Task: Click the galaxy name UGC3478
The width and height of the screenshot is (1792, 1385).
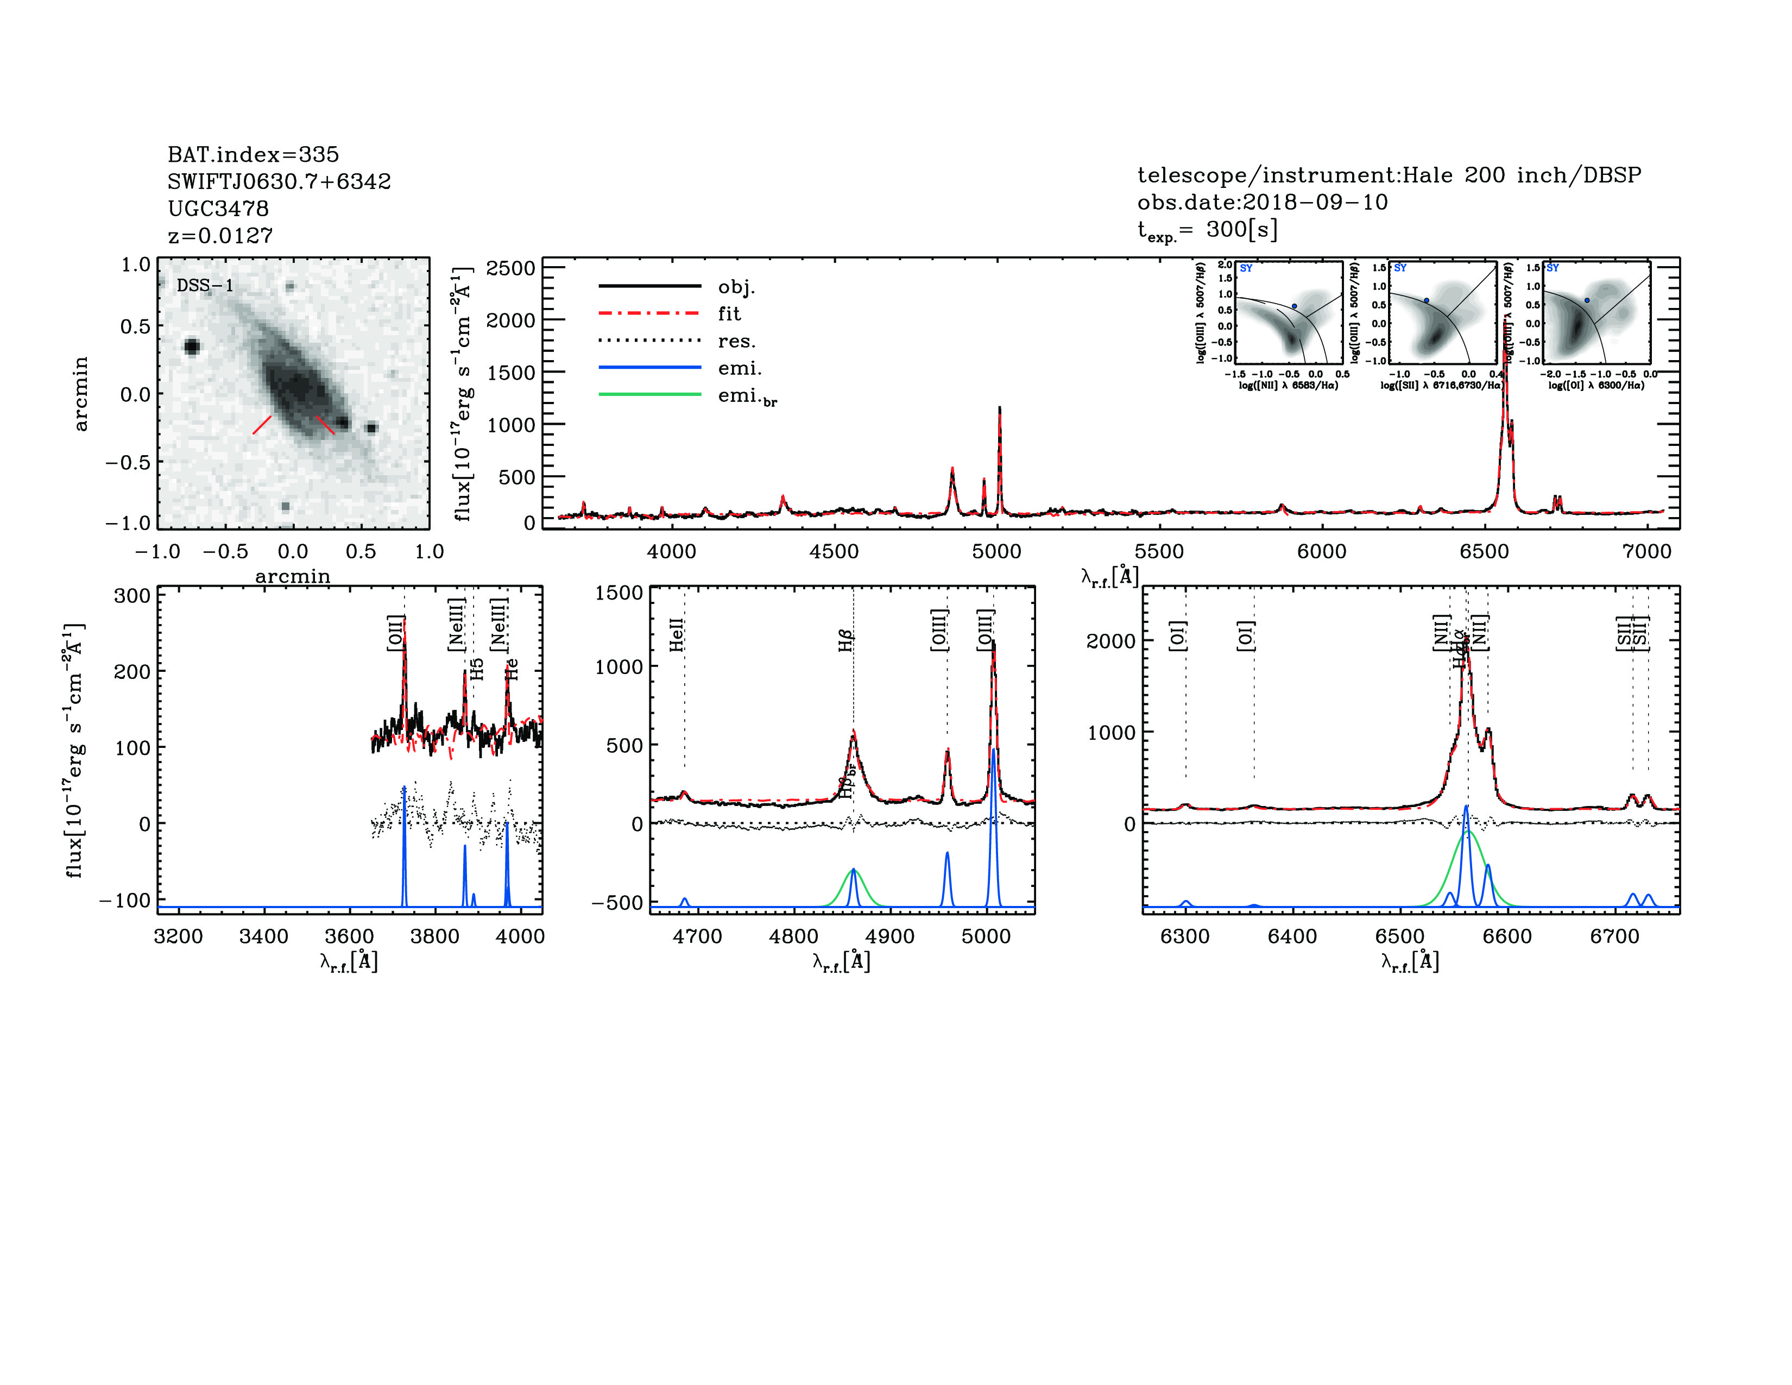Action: [218, 209]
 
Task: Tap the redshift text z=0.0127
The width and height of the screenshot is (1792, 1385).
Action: [220, 236]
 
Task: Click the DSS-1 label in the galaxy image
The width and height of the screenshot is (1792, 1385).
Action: [205, 286]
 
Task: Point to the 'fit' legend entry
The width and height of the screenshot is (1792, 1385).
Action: [729, 313]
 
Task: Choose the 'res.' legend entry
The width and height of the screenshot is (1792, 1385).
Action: [736, 341]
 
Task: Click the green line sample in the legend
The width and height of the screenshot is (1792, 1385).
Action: [650, 395]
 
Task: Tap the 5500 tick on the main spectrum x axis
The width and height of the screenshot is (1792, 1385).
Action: [1159, 551]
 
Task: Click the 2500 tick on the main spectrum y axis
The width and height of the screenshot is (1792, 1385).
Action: [510, 268]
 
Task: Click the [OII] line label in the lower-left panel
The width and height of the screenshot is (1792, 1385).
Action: [395, 633]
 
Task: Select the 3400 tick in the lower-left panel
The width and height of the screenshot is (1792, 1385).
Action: [263, 936]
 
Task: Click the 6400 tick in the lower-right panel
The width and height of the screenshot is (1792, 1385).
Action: [1292, 936]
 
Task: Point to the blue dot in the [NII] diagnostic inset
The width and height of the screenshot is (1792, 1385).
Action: [1295, 306]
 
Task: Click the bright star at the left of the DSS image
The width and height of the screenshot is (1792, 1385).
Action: [192, 347]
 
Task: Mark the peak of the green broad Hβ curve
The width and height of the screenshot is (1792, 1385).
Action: [853, 869]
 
